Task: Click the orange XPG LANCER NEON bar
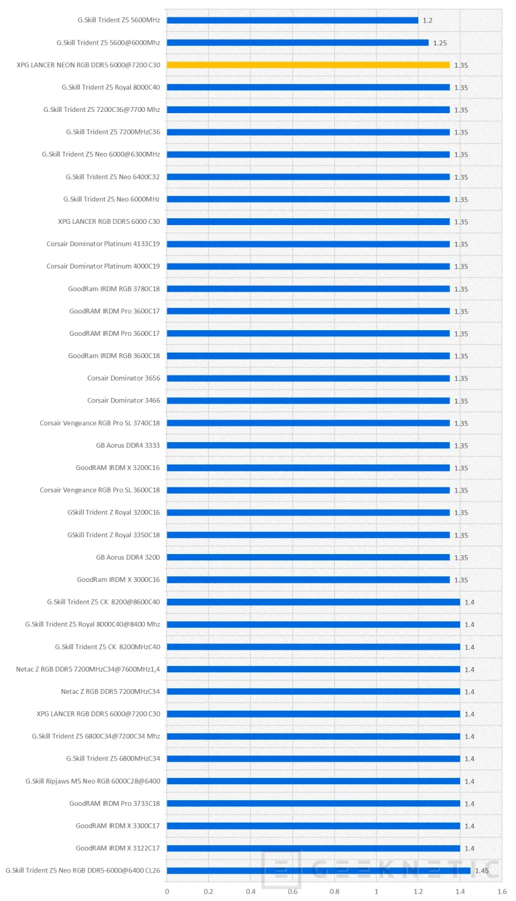tap(308, 65)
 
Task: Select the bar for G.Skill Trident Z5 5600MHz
tap(293, 20)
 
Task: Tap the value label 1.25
tap(439, 43)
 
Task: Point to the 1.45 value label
tap(481, 871)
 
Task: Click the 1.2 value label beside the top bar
tap(428, 21)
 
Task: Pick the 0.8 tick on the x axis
tap(334, 892)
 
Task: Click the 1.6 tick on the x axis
tap(501, 892)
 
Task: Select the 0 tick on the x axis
tap(167, 892)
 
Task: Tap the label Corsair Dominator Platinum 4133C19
tap(103, 244)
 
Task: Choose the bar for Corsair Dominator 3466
tap(308, 400)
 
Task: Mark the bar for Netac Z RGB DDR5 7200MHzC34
tap(313, 691)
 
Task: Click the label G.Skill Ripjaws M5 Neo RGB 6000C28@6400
tap(93, 781)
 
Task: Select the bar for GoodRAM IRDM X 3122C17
tap(313, 848)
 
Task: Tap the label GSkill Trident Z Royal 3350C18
tap(113, 535)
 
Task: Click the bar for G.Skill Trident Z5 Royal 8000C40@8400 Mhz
tap(313, 624)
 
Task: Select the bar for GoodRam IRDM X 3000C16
tap(308, 580)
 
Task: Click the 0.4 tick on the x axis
tap(250, 892)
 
